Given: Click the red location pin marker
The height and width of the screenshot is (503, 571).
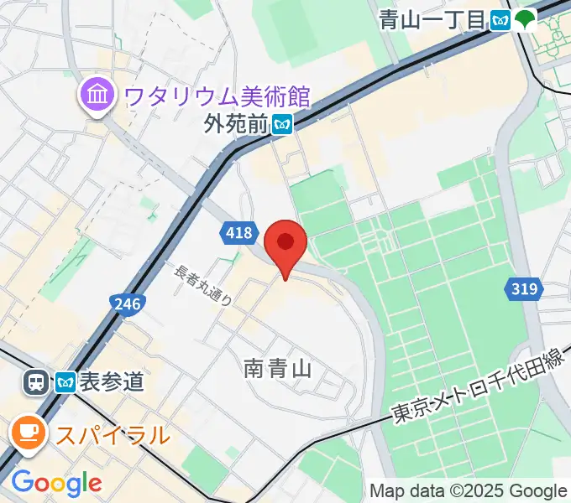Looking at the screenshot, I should point(285,244).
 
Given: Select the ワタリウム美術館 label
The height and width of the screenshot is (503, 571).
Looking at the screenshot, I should point(217,96).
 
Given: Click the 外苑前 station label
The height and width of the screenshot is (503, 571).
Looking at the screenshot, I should point(235,125).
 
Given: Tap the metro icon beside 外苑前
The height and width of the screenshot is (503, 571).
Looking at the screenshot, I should point(283,125).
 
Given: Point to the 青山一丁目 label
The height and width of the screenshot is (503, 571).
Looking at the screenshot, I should point(432,19).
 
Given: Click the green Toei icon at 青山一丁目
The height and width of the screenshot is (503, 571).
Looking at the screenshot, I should point(526,19).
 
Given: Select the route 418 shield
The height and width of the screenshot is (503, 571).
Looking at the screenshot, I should point(239,234).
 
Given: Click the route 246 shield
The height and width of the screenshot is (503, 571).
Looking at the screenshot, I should point(127,303).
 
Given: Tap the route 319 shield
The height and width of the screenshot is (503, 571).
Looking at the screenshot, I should point(522,290).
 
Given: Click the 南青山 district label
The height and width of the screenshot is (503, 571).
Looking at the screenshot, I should point(278,368).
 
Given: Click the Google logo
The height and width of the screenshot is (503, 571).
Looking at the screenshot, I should point(56,484).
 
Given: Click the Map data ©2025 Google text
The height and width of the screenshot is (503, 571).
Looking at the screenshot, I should point(468,490).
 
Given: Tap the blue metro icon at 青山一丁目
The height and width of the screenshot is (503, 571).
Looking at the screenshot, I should point(501,19).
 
